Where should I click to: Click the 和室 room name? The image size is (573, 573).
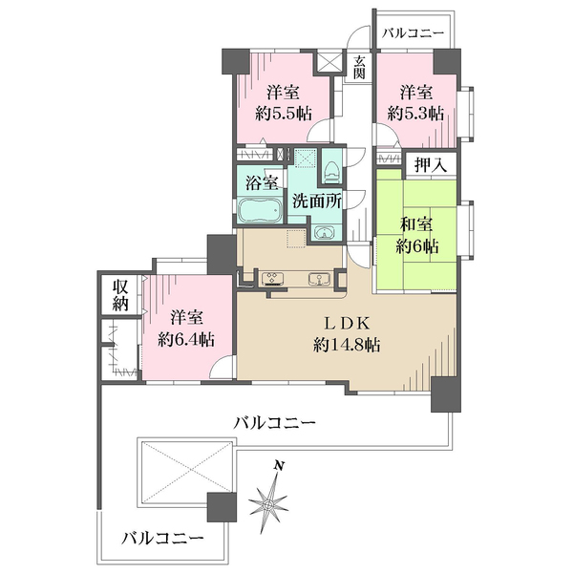tap(418, 226)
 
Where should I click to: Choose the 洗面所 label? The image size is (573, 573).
tap(315, 202)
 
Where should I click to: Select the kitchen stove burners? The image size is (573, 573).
tap(271, 279)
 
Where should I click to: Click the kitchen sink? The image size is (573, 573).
tap(319, 279)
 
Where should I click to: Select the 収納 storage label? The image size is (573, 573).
tap(119, 295)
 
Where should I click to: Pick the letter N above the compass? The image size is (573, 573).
tap(280, 465)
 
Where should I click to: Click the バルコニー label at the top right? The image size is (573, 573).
tap(413, 33)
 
